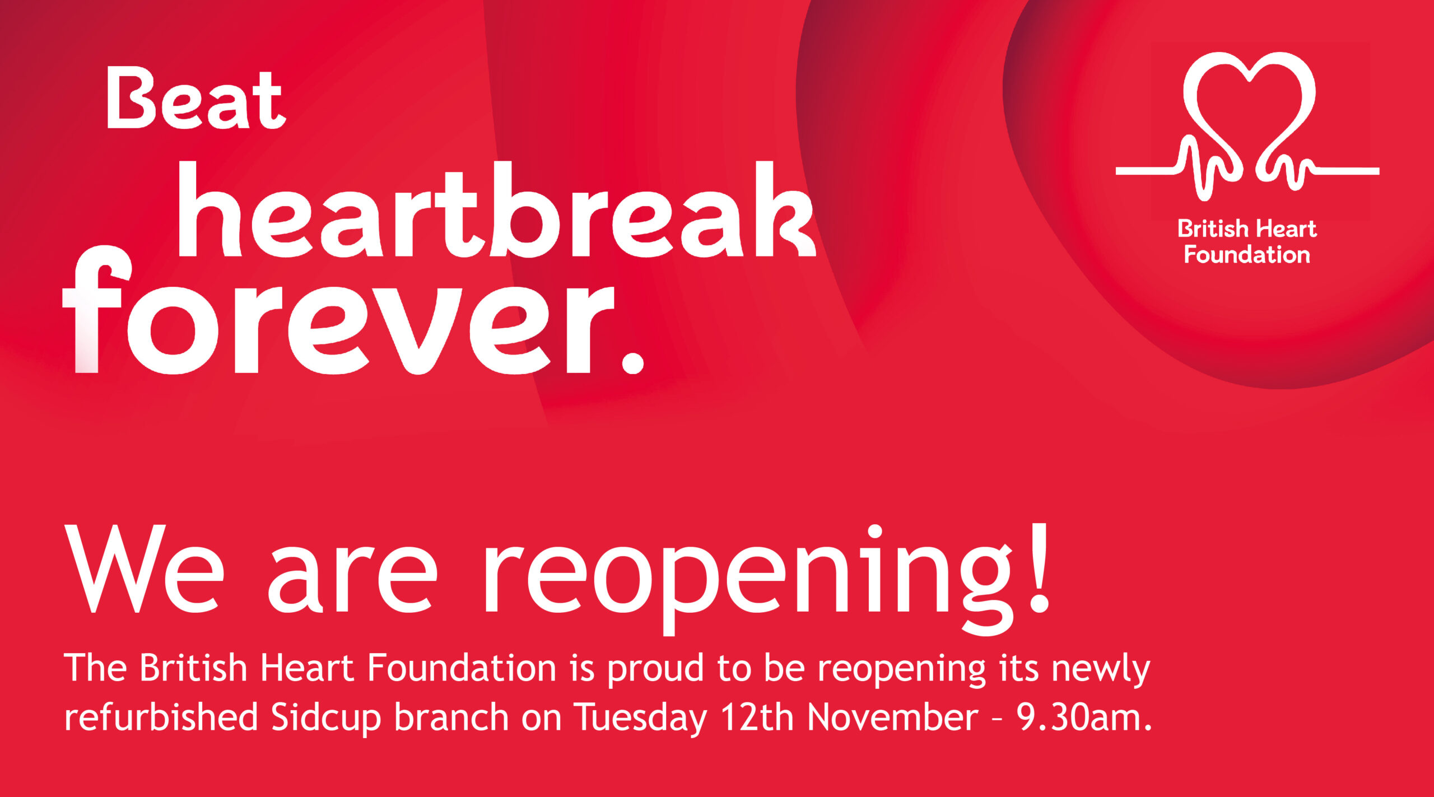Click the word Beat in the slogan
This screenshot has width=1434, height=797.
(x=196, y=98)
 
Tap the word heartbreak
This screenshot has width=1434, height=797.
(x=496, y=209)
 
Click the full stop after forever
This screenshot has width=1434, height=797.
(x=633, y=362)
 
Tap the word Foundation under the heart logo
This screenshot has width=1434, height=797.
(x=1247, y=255)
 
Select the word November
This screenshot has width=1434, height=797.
(x=893, y=716)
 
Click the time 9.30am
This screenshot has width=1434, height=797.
(x=1084, y=717)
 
